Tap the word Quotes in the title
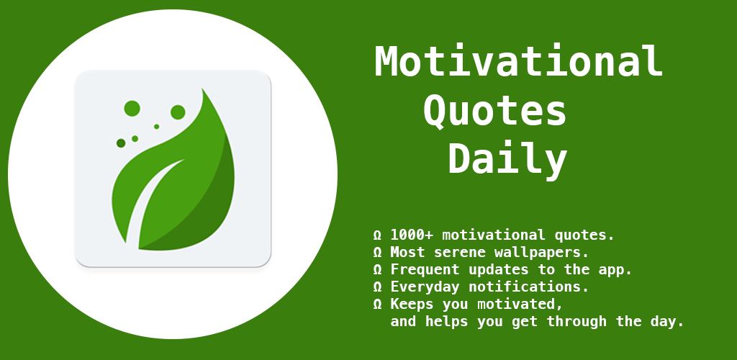tap(495, 112)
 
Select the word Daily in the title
tap(507, 159)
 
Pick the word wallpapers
tap(541, 253)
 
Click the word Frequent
tap(425, 270)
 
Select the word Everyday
tap(425, 287)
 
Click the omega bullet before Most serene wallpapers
tap(377, 253)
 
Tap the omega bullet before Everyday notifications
tap(377, 287)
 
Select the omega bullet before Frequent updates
tap(377, 270)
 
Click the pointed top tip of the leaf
tap(202, 88)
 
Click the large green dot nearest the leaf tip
tap(178, 112)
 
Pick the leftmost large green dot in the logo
tap(132, 109)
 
